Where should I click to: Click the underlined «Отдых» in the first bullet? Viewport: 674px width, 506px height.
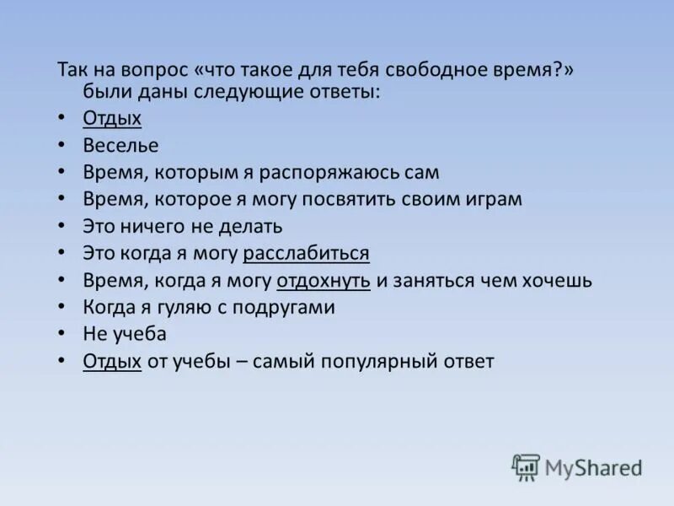(x=112, y=118)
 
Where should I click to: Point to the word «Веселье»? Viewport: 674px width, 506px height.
(x=120, y=145)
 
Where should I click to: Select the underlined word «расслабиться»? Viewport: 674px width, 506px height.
(x=306, y=253)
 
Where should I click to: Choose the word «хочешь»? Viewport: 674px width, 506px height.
(x=559, y=280)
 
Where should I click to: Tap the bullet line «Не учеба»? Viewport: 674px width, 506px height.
(x=125, y=334)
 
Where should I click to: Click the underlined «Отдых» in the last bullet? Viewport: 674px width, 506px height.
(x=112, y=361)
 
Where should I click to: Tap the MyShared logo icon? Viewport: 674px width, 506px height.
(x=526, y=466)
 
